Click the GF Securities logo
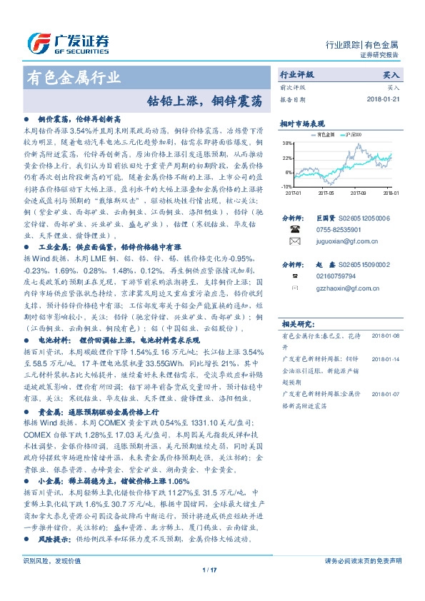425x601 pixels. pos(67,42)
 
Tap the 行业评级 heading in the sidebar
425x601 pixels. pos(296,74)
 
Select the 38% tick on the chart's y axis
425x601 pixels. pos(288,143)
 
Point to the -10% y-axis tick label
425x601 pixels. pos(287,186)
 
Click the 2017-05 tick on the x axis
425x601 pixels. pos(326,192)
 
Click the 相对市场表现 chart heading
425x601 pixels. pos(301,123)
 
